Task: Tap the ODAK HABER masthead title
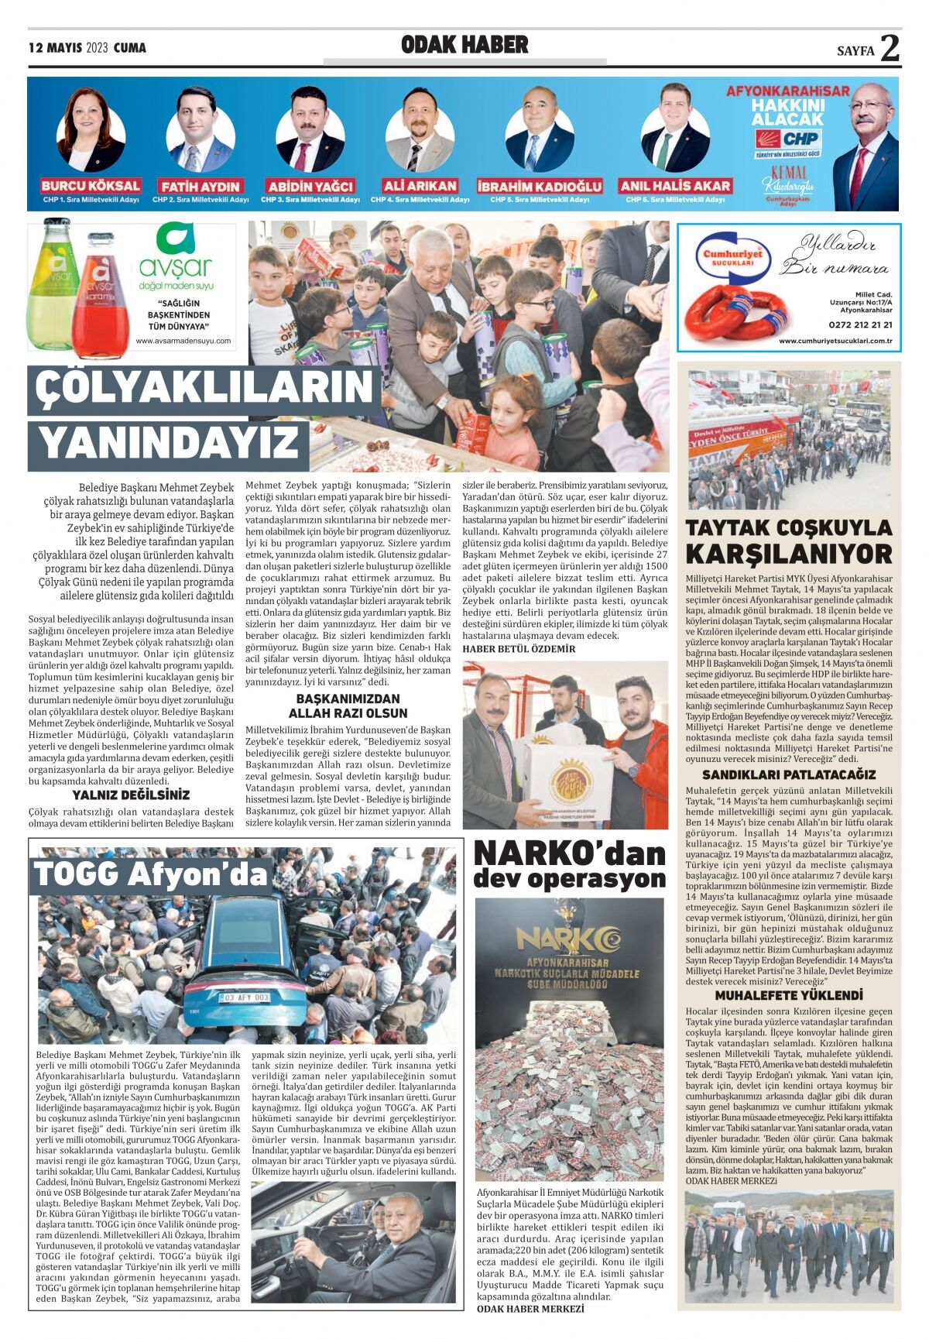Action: tap(464, 45)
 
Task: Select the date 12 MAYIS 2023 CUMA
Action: tap(87, 48)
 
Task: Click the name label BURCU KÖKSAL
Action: tap(91, 186)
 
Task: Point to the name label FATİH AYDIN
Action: tap(201, 187)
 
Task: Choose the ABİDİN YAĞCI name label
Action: tap(310, 187)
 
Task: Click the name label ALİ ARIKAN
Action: tap(420, 186)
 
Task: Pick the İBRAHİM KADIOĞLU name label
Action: tap(539, 187)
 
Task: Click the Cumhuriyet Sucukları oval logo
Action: tap(732, 256)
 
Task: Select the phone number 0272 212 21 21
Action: tap(860, 325)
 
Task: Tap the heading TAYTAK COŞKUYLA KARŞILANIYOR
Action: tap(789, 541)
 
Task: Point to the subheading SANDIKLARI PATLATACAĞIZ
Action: tap(789, 774)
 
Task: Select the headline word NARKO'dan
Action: tap(569, 854)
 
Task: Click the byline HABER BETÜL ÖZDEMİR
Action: tap(519, 648)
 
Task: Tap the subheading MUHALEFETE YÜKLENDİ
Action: tap(789, 995)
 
